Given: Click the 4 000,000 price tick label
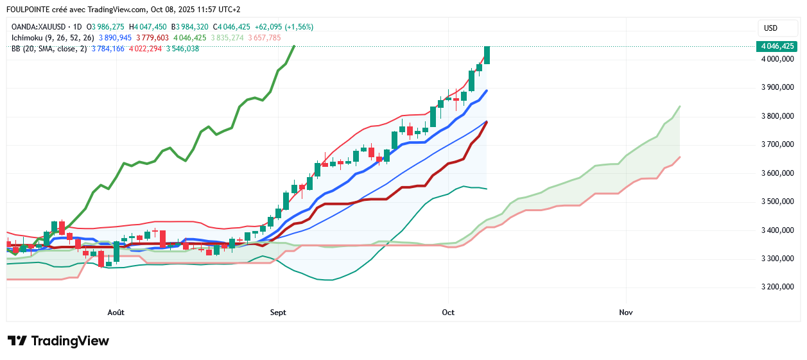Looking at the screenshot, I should [x=777, y=59].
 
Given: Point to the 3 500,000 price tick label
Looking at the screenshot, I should [x=777, y=201].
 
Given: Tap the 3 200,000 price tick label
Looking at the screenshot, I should [x=777, y=287].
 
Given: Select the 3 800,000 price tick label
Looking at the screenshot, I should [x=777, y=116].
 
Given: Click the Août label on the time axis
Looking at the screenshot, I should [x=116, y=313].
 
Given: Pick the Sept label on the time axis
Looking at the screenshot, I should [x=278, y=313].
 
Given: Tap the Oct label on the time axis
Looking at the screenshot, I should [x=448, y=313].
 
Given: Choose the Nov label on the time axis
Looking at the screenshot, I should [x=626, y=313].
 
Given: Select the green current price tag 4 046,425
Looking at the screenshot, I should [x=778, y=46].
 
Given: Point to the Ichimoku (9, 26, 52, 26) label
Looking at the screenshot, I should [x=53, y=38].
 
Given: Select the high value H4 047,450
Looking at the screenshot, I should [x=148, y=27].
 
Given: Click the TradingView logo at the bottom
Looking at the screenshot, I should [x=58, y=341].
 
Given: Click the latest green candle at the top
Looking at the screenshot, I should [x=487, y=55].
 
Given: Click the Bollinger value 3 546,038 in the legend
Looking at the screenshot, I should [x=182, y=49].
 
